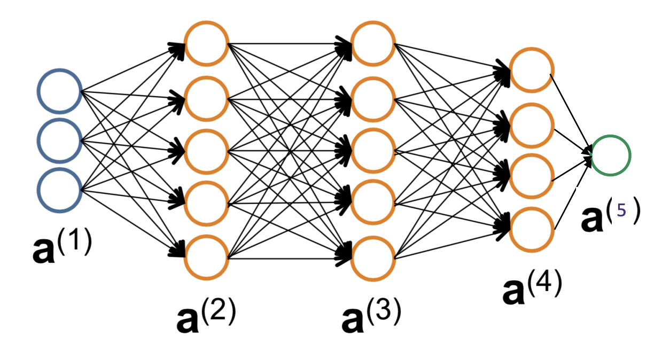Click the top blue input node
pyautogui.click(x=59, y=91)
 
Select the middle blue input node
pyautogui.click(x=59, y=140)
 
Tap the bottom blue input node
pyautogui.click(x=59, y=190)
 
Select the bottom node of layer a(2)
pyautogui.click(x=207, y=257)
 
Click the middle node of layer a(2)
pyautogui.click(x=207, y=151)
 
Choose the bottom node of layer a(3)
pyautogui.click(x=373, y=259)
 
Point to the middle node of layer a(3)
pyautogui.click(x=373, y=151)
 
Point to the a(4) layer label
pyautogui.click(x=532, y=289)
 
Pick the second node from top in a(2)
pyautogui.click(x=207, y=98)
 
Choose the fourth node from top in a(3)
pyautogui.click(x=373, y=204)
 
